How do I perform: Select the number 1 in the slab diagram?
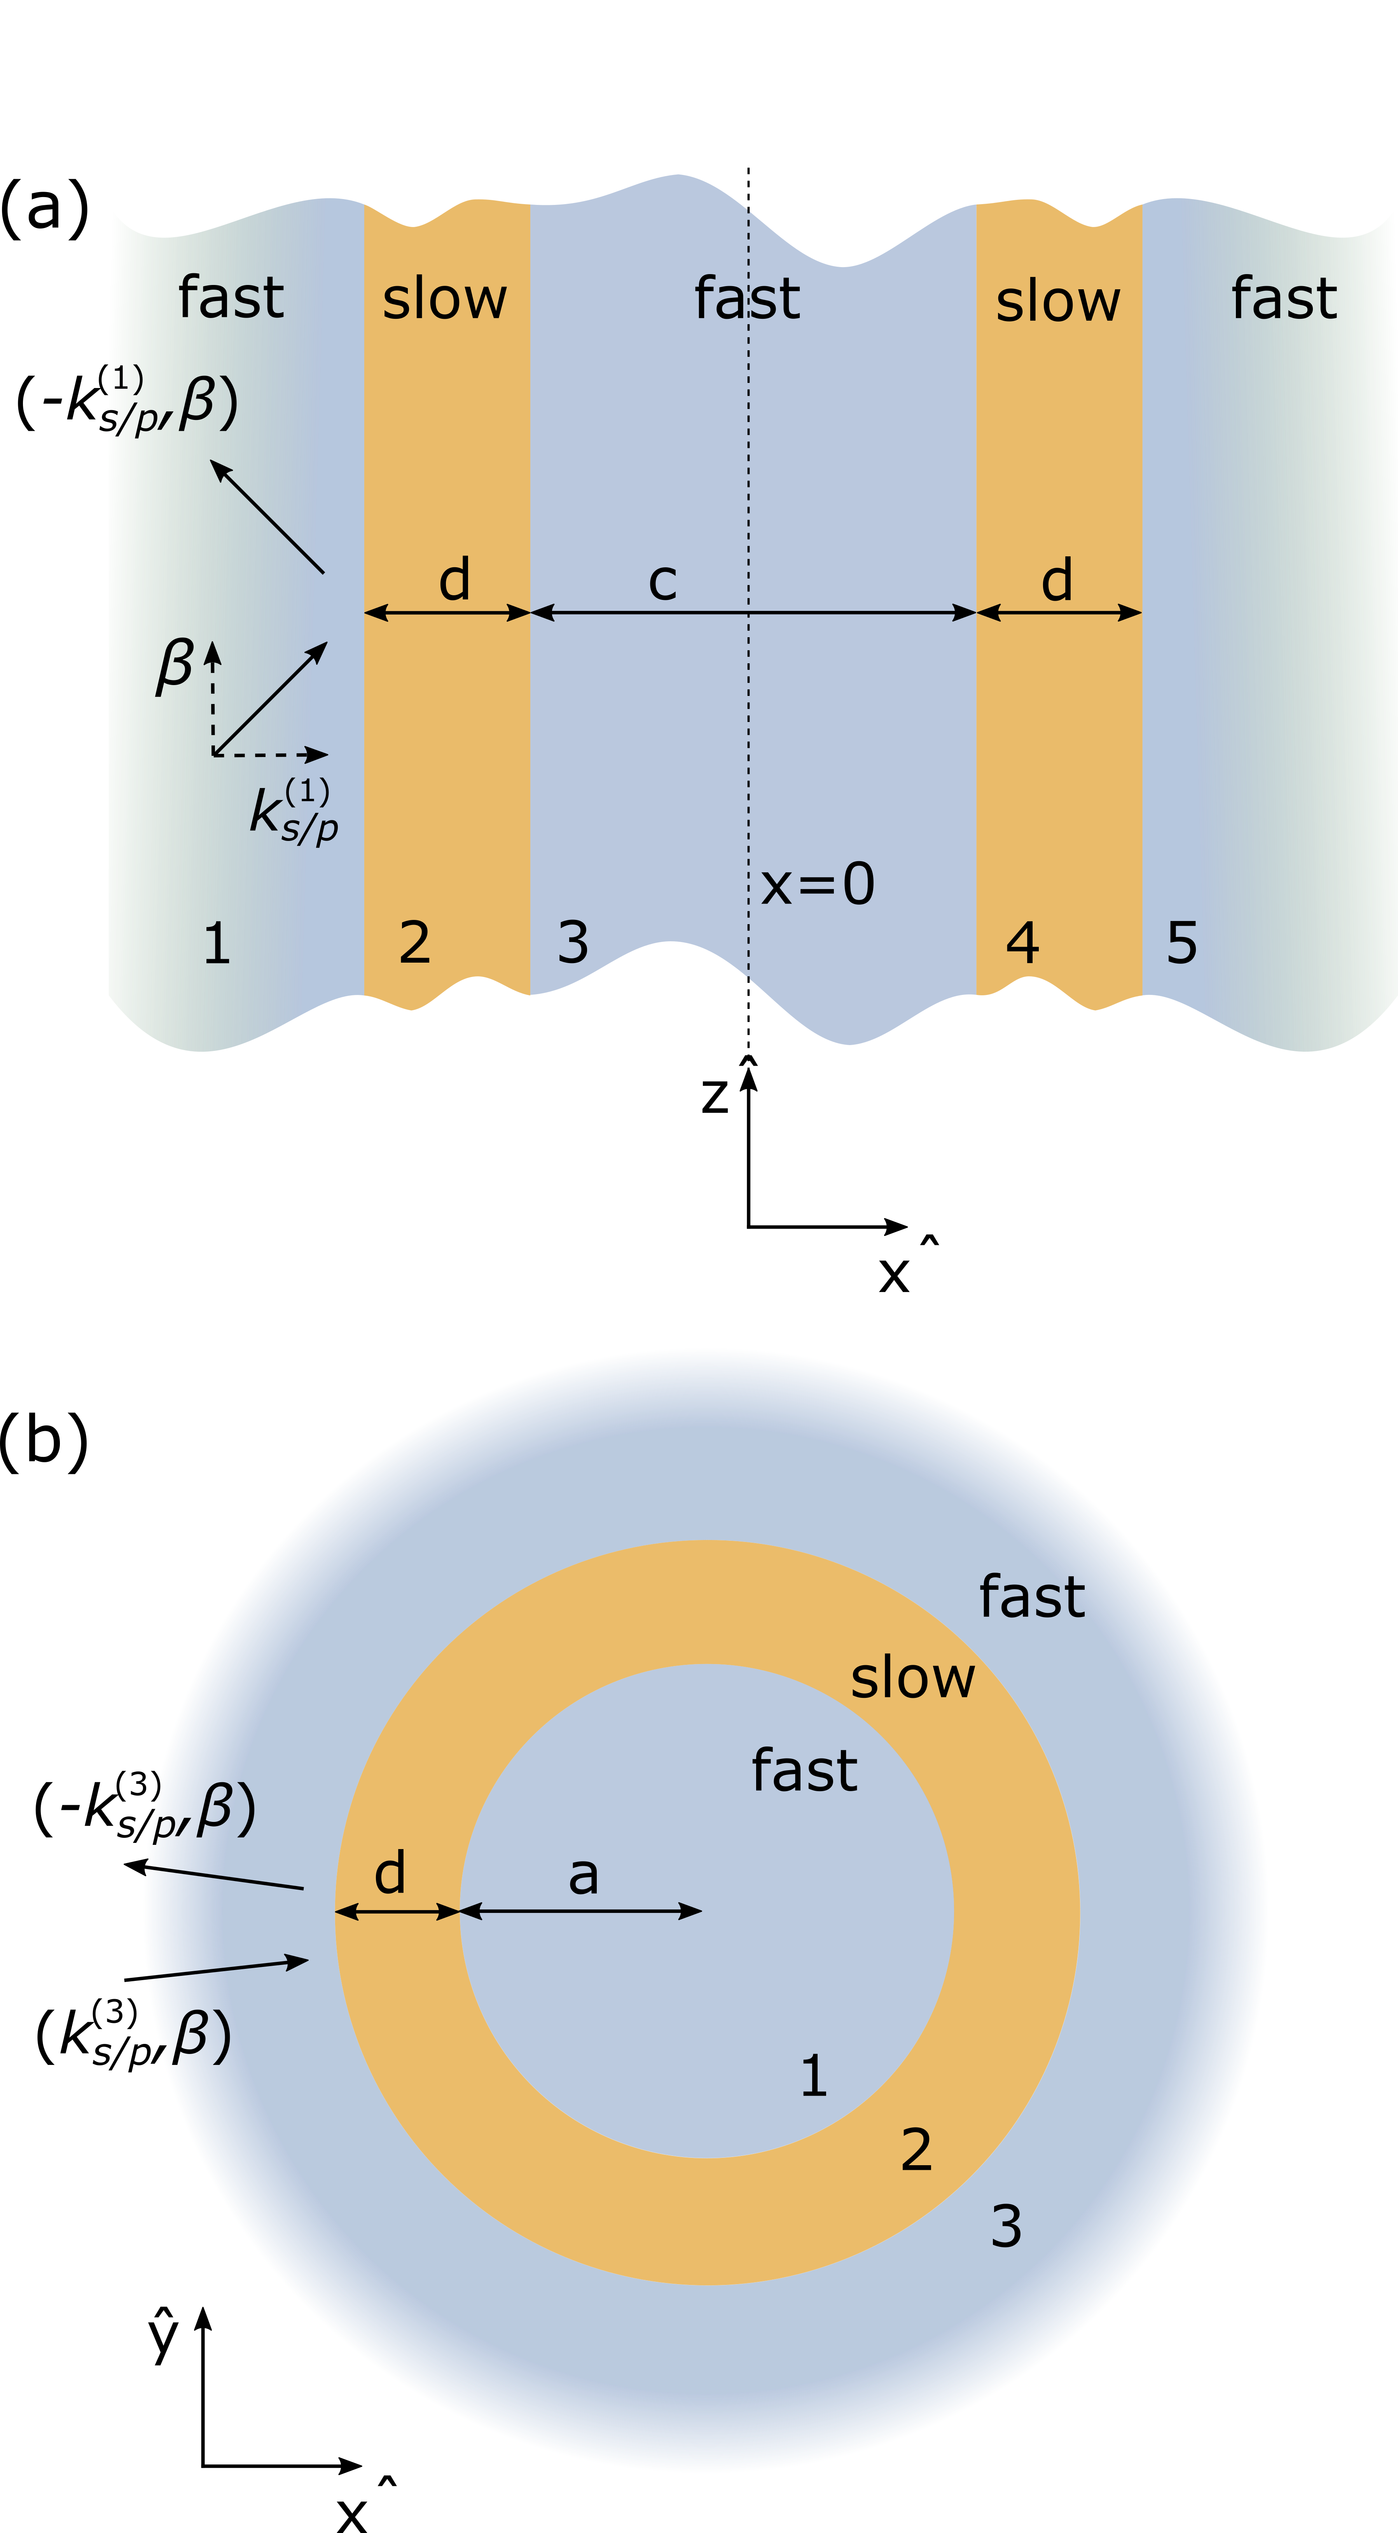click(x=217, y=943)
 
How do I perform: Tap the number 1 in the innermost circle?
click(x=813, y=2075)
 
